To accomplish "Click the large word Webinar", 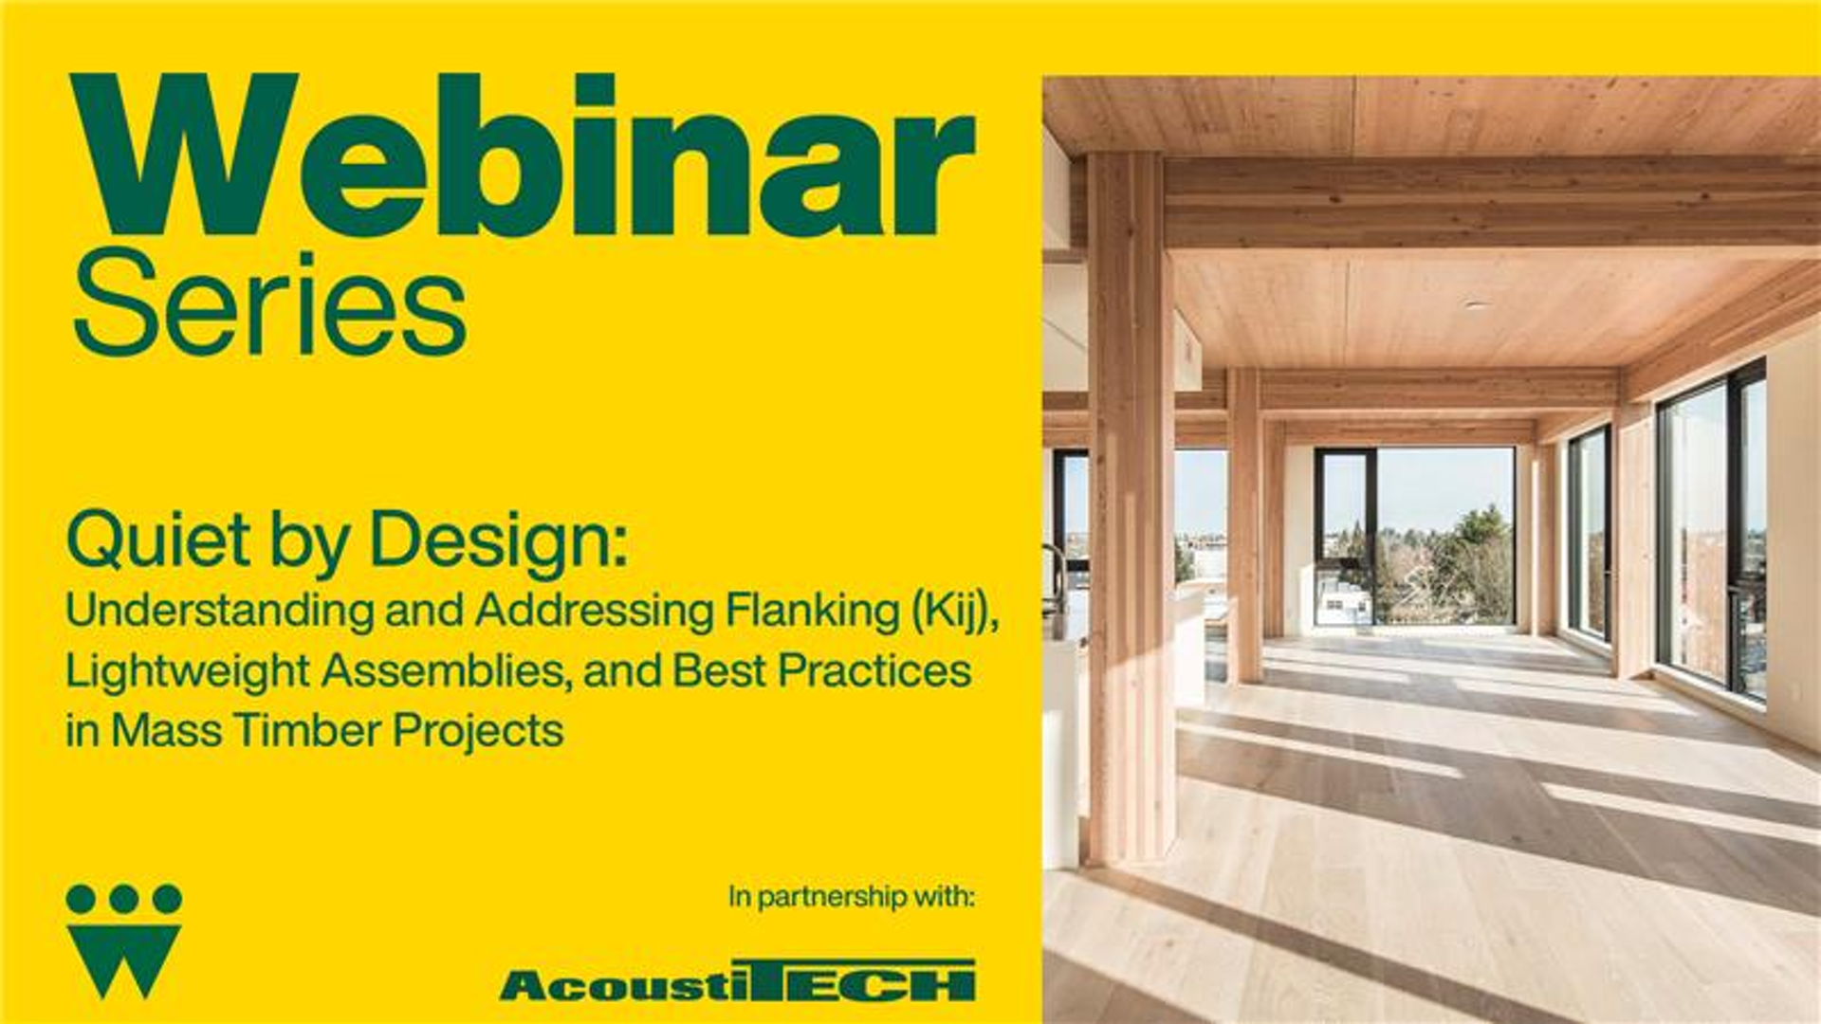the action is (523, 155).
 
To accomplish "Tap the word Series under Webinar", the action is (269, 303).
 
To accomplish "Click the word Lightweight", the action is (187, 671).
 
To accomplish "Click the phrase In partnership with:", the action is (852, 896).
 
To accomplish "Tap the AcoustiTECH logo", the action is (738, 980).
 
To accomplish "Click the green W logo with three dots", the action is (124, 941).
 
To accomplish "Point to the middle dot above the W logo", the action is (124, 899).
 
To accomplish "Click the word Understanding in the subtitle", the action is (219, 612).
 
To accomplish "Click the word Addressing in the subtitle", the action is (594, 612).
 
